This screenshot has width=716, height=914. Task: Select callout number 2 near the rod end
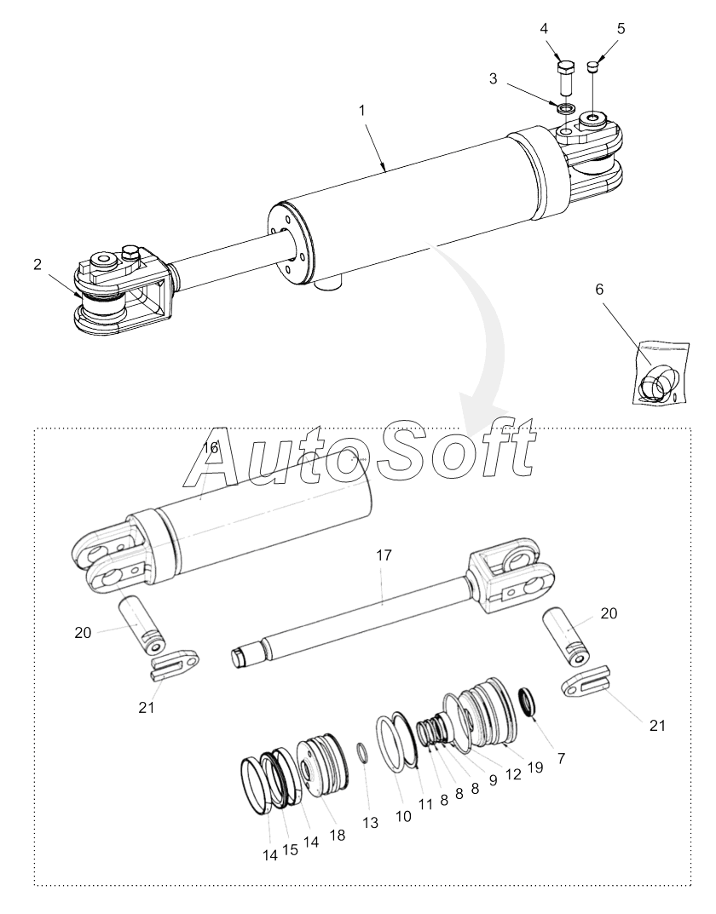pyautogui.click(x=38, y=265)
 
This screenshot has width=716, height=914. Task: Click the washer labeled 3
pyautogui.click(x=563, y=108)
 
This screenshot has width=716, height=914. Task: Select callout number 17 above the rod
pyautogui.click(x=384, y=555)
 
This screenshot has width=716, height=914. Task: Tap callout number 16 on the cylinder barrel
pyautogui.click(x=211, y=447)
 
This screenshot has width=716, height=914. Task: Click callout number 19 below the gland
pyautogui.click(x=534, y=767)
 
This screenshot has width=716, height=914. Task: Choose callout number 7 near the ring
pyautogui.click(x=561, y=757)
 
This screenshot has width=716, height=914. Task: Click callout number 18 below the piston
pyautogui.click(x=338, y=836)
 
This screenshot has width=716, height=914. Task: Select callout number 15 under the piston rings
pyautogui.click(x=291, y=850)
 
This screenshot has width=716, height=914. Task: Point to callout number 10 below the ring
pyautogui.click(x=402, y=816)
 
